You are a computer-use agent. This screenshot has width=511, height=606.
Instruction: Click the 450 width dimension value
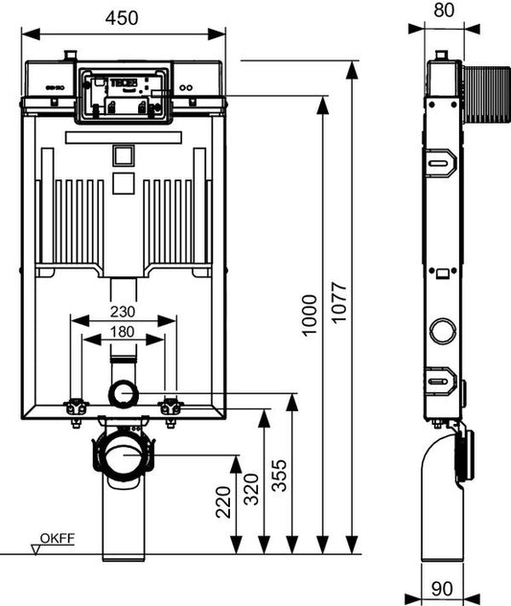coord(122,18)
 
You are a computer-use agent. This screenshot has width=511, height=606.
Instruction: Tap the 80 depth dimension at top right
coord(444,11)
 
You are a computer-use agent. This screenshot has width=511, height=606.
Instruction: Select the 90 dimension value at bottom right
coord(442,589)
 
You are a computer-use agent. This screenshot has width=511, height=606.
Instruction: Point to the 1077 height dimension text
coord(339,303)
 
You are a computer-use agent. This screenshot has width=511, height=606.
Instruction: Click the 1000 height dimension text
coord(310,315)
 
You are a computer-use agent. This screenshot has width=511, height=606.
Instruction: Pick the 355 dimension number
coord(279,475)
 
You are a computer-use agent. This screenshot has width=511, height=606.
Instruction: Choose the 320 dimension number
coord(251,489)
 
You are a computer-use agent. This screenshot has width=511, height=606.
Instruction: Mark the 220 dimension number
coord(223,502)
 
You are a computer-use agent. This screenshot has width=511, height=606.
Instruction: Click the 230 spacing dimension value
coord(123,312)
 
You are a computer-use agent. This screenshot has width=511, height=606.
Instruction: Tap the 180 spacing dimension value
coord(122,332)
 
